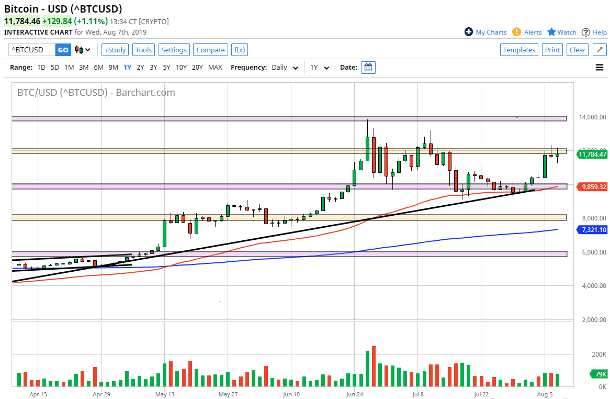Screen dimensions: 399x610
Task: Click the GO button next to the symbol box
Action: pos(63,50)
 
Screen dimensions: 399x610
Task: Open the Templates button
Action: pos(519,50)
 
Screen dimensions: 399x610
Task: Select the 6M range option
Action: pos(98,68)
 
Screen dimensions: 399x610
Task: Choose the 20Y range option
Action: pos(197,68)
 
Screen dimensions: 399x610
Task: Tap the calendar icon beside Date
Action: pos(368,68)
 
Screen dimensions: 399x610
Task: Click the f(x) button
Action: pos(240,50)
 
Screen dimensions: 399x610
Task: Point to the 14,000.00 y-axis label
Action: pos(592,117)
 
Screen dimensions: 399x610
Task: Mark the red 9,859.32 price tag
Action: pos(593,187)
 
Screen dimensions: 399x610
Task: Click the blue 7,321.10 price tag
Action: pos(593,230)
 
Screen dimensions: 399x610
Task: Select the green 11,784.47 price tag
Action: pos(593,154)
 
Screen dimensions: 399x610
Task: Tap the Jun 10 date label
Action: pos(291,394)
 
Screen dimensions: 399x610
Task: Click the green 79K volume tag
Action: pos(600,374)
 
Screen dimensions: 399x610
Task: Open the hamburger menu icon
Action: pos(600,68)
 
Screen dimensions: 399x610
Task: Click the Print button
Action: pos(552,50)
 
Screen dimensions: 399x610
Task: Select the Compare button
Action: pos(210,50)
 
